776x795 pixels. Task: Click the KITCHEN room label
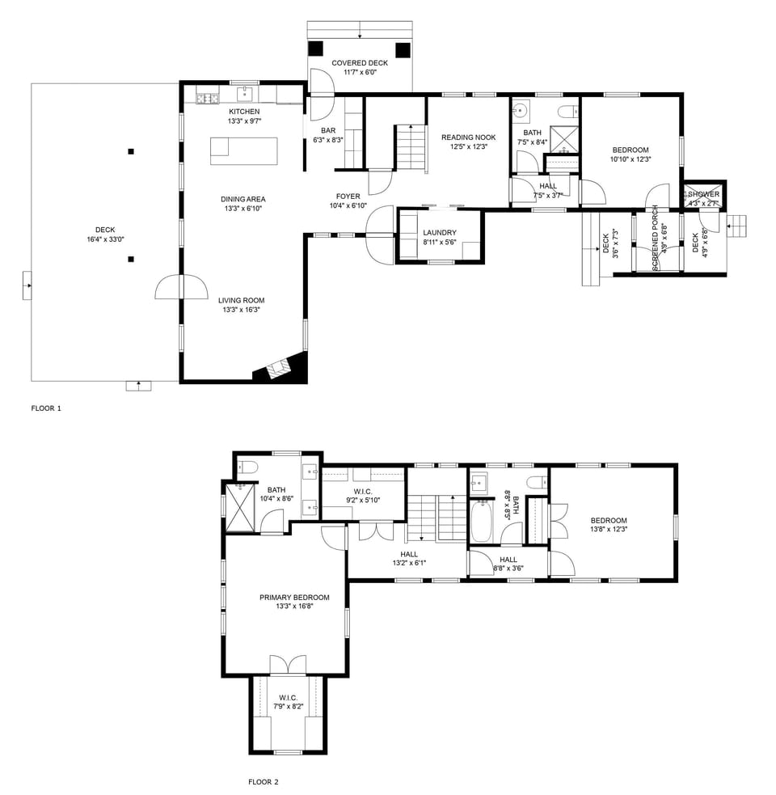(244, 111)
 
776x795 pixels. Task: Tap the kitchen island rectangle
(243, 151)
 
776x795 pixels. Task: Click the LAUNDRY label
(440, 233)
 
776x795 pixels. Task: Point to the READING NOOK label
(468, 137)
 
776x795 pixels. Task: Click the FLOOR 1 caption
(46, 408)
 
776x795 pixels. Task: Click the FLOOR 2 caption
(263, 782)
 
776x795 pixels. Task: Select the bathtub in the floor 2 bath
(482, 522)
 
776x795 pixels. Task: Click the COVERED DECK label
(360, 63)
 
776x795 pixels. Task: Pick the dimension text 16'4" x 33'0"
(105, 239)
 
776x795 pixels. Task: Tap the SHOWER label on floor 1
(703, 194)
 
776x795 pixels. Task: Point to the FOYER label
(348, 197)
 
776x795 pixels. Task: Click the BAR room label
(327, 130)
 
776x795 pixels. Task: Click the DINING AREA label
(243, 199)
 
